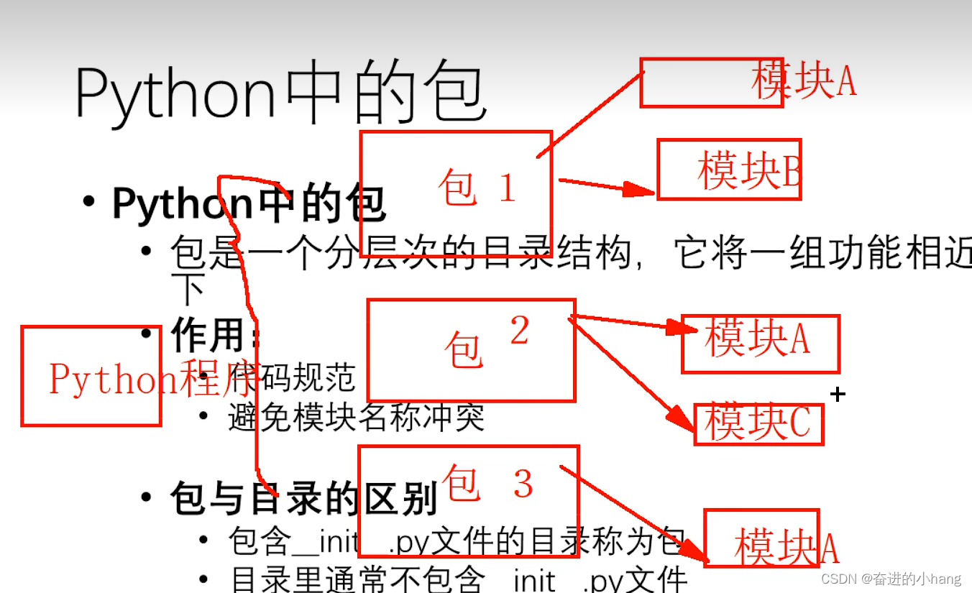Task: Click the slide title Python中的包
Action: [281, 94]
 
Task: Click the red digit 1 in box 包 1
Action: [507, 188]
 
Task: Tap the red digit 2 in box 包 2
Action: [519, 331]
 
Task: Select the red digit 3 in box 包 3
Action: [523, 484]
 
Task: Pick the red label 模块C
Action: [758, 423]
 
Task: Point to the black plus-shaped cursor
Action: [838, 394]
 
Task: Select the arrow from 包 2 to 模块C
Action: [625, 371]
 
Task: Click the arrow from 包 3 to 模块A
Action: [633, 512]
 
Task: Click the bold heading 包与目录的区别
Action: [304, 498]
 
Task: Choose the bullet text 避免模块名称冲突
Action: [356, 418]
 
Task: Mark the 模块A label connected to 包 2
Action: [757, 339]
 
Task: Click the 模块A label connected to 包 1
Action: [803, 81]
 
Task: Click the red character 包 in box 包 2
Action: [462, 350]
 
